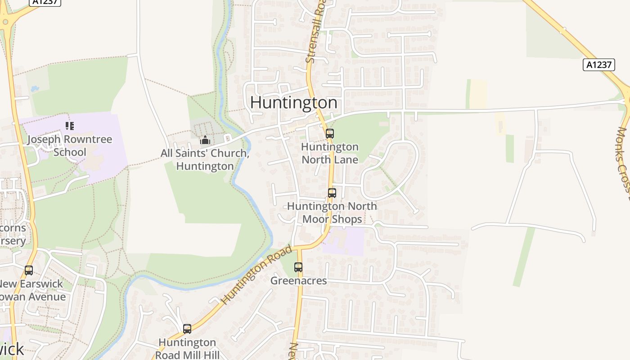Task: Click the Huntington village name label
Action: (293, 103)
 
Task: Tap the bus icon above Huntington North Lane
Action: (330, 133)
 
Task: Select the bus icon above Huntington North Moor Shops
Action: (332, 193)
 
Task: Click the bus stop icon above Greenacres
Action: (298, 267)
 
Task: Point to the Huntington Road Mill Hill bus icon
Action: (187, 329)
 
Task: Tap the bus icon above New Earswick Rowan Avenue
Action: (29, 270)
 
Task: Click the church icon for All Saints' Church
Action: (205, 140)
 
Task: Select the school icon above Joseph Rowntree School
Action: (69, 126)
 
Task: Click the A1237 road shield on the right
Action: (599, 65)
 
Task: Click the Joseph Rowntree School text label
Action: (70, 145)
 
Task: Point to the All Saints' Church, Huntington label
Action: (205, 160)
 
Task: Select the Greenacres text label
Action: (298, 281)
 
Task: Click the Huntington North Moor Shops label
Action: (332, 212)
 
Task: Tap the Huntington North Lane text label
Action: (330, 153)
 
